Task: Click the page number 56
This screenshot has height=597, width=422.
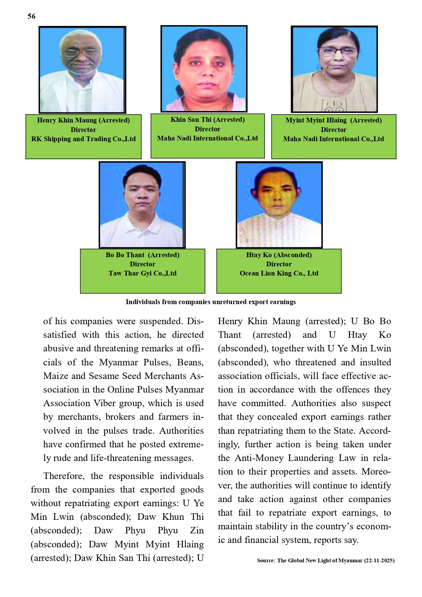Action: point(32,16)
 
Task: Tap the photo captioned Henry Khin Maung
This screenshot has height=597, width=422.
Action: point(82,70)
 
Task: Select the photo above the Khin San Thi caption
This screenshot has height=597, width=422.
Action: point(204,69)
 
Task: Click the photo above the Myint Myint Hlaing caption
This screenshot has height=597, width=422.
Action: point(334,69)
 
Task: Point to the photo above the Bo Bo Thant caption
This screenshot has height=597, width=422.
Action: point(142,205)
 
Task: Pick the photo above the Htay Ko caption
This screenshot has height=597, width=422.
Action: point(279,205)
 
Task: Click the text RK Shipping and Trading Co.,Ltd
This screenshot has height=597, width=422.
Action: point(83,139)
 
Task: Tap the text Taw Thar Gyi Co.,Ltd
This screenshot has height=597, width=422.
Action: point(142,273)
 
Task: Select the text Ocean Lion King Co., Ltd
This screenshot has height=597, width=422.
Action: point(279,273)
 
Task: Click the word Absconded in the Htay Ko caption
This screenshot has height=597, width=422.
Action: point(293,255)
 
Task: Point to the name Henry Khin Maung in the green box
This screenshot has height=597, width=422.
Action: point(67,120)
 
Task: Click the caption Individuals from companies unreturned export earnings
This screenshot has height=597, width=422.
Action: point(210,302)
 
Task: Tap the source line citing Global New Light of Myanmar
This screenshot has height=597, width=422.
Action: point(325,561)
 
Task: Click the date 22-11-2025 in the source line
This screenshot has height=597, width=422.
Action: point(379,561)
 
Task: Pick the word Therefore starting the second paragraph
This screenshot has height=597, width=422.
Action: point(64,476)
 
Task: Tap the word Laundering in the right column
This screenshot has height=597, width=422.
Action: point(311,458)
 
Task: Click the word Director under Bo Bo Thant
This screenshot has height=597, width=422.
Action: point(142,264)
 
